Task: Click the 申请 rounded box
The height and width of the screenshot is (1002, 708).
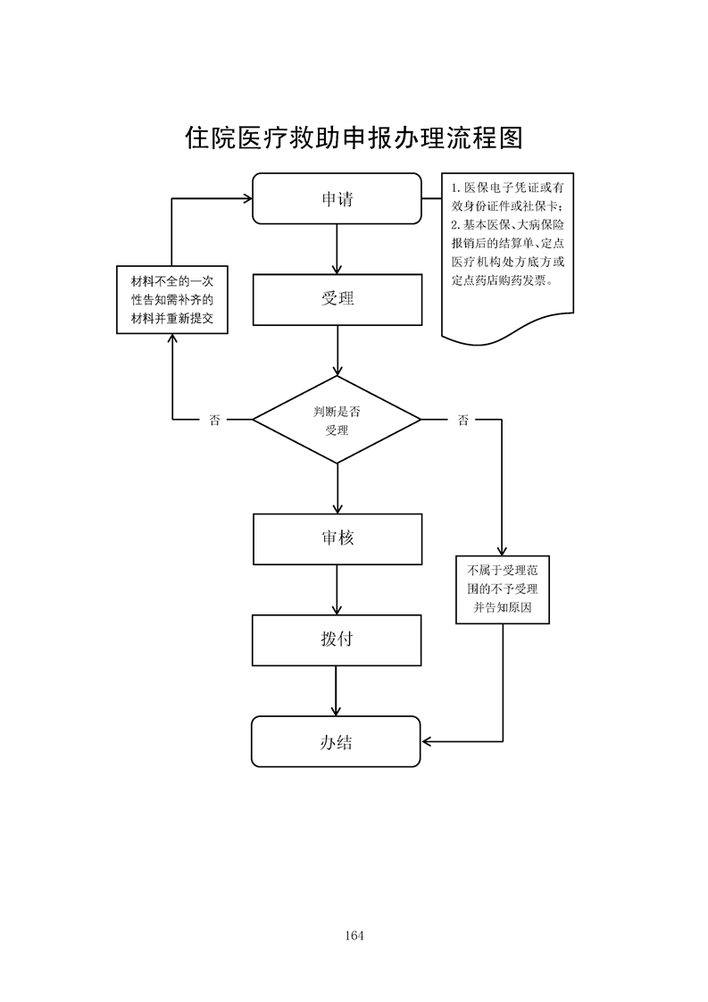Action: tap(337, 198)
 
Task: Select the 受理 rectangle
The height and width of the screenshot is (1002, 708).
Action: tap(337, 299)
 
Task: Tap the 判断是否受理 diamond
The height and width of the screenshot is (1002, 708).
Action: tap(337, 420)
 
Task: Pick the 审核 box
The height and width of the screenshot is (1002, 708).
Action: tap(337, 539)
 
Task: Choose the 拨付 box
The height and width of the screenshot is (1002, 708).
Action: tap(337, 639)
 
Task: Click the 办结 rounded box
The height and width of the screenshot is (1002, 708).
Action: tap(336, 741)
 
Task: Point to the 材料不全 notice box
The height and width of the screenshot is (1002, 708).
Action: tap(172, 299)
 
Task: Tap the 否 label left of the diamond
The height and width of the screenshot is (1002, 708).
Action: tap(214, 420)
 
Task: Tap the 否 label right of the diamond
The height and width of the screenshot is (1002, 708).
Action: tap(462, 420)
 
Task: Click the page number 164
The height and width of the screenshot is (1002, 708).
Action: tap(354, 936)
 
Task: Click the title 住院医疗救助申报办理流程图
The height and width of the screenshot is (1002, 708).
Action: tap(354, 137)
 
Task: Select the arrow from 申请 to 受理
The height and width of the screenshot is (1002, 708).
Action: tap(337, 249)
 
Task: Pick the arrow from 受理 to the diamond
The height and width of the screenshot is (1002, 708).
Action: tap(337, 350)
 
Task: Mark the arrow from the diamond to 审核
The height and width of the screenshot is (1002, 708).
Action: tap(337, 488)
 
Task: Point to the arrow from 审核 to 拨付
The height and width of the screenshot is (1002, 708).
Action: tap(337, 589)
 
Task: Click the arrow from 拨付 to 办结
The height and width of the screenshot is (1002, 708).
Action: tap(337, 690)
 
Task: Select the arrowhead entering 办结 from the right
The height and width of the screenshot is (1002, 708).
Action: tap(428, 741)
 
